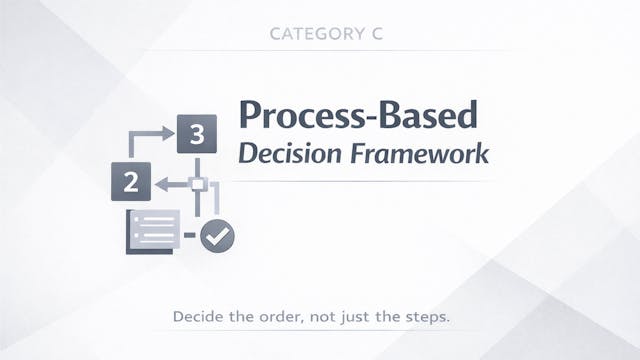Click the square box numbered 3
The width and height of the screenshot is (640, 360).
197,134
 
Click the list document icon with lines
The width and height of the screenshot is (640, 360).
152,229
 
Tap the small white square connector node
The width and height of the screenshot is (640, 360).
198,184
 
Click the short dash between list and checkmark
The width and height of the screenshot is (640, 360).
189,236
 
